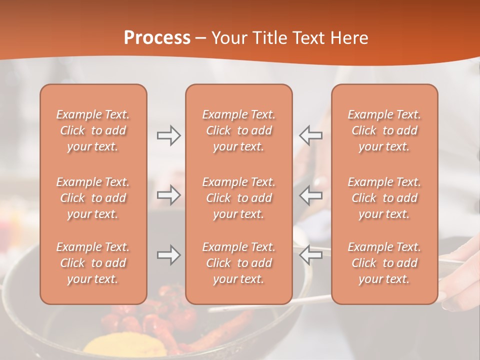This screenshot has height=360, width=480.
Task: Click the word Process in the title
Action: [157, 38]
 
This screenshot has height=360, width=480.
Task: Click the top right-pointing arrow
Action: [168, 135]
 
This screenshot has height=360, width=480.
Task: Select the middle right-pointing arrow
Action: [168, 195]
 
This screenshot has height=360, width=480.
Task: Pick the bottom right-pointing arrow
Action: [168, 255]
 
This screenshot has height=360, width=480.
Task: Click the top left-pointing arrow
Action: [311, 135]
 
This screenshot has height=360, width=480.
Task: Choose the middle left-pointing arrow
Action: [311, 195]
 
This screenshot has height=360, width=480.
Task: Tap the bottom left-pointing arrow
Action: [311, 255]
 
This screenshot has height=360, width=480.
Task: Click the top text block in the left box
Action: [93, 130]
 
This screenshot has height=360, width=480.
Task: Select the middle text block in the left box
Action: [93, 198]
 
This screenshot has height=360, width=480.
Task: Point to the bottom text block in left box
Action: [93, 263]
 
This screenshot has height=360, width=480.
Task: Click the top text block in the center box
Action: [239, 130]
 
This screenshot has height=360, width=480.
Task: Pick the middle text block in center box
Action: [239, 198]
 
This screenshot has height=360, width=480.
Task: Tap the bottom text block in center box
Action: [239, 263]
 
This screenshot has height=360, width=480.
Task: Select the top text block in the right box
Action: [384, 130]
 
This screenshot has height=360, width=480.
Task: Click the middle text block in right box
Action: [384, 198]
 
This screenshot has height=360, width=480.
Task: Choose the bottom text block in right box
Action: [384, 263]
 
